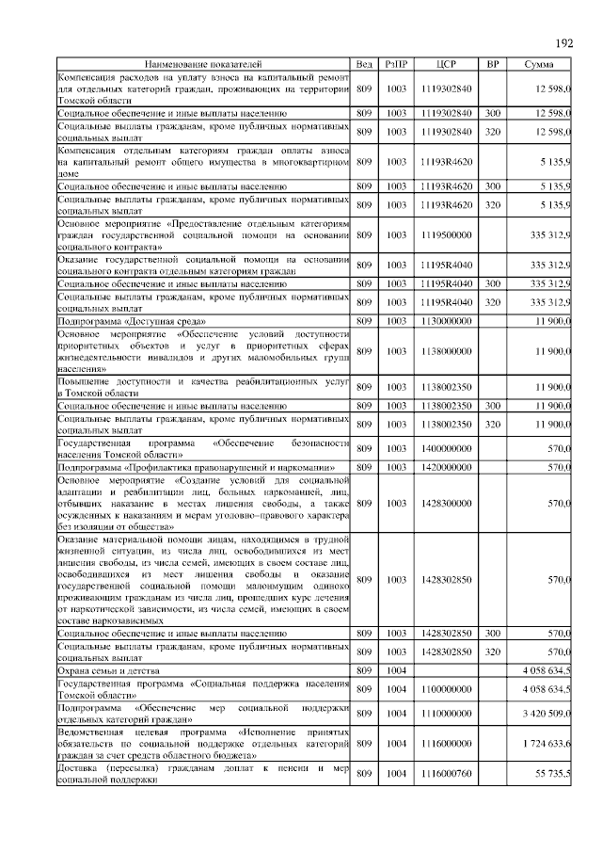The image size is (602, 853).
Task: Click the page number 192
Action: pyautogui.click(x=564, y=43)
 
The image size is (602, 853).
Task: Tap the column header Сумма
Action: pyautogui.click(x=540, y=63)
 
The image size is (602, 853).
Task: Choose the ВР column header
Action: pyautogui.click(x=492, y=63)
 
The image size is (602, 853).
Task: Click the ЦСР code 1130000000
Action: pyautogui.click(x=447, y=321)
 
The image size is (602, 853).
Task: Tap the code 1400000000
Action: pyautogui.click(x=447, y=448)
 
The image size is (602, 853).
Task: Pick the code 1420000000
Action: pyautogui.click(x=447, y=466)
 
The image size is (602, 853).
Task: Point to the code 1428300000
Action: pyautogui.click(x=447, y=503)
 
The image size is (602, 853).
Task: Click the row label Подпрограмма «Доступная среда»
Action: pyautogui.click(x=122, y=321)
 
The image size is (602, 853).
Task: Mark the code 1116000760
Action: pyautogui.click(x=447, y=773)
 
